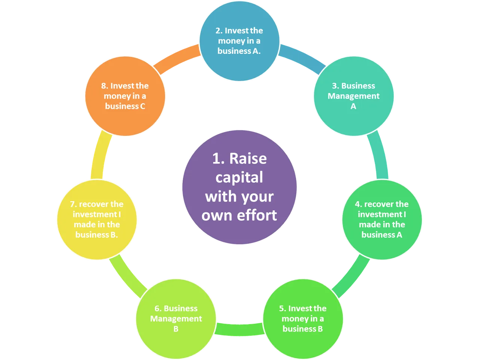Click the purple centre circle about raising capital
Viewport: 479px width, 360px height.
click(x=239, y=187)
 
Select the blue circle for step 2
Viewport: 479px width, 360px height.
click(x=239, y=41)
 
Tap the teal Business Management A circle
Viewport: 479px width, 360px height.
click(x=354, y=96)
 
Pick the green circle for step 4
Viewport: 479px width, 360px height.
click(x=382, y=220)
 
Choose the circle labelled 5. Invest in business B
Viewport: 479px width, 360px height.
click(x=303, y=319)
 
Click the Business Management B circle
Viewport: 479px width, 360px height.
click(x=176, y=319)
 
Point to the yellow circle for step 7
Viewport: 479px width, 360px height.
click(x=97, y=220)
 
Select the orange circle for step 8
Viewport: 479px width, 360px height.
click(x=125, y=96)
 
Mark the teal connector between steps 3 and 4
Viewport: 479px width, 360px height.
click(x=379, y=154)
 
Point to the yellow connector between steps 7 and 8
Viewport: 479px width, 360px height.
click(x=100, y=154)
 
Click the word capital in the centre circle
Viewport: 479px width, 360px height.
click(x=239, y=178)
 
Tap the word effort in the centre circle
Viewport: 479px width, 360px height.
click(x=257, y=215)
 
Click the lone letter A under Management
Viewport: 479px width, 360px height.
click(x=354, y=106)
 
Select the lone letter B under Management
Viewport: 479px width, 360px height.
click(x=176, y=329)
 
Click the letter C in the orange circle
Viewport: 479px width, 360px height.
click(x=143, y=106)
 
